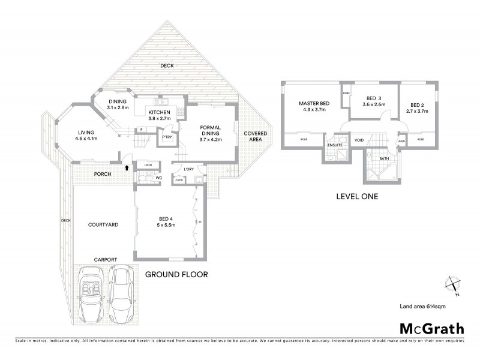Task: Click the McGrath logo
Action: pyautogui.click(x=432, y=328)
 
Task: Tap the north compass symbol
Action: pyautogui.click(x=452, y=284)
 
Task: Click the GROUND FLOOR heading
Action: pyautogui.click(x=176, y=275)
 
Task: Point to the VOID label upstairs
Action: pyautogui.click(x=359, y=141)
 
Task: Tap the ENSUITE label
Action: pyautogui.click(x=334, y=145)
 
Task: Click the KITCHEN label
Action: pyautogui.click(x=159, y=112)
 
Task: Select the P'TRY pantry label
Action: pyautogui.click(x=164, y=137)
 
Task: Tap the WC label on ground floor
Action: pyautogui.click(x=160, y=178)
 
